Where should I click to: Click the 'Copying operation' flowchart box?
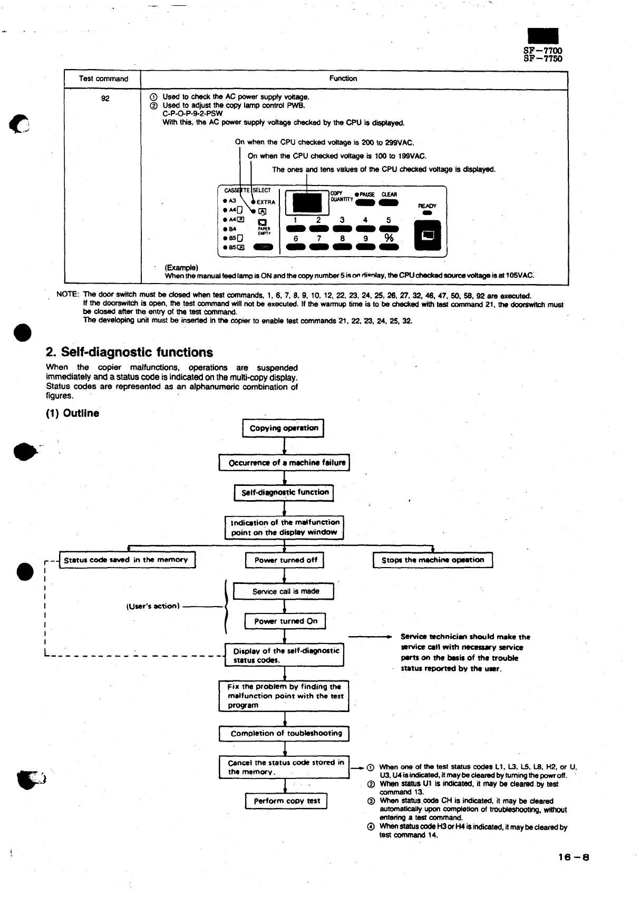pyautogui.click(x=283, y=428)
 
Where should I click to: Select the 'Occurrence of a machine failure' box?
pyautogui.click(x=284, y=463)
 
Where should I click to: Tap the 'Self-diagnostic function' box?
pyautogui.click(x=284, y=493)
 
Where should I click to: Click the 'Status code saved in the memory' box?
pyautogui.click(x=126, y=560)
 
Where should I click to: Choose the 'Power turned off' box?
pyautogui.click(x=285, y=560)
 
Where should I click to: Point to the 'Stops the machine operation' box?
pyautogui.click(x=432, y=560)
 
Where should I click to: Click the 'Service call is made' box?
pyautogui.click(x=284, y=591)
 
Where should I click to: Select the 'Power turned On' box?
pyautogui.click(x=285, y=621)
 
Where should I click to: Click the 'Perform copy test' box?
pyautogui.click(x=286, y=801)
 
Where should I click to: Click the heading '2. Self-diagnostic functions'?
pyautogui.click(x=130, y=353)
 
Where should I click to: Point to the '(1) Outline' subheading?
pyautogui.click(x=73, y=413)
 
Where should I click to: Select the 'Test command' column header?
pyautogui.click(x=103, y=79)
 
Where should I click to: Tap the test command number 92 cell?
pyautogui.click(x=105, y=99)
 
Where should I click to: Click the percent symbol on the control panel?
pyautogui.click(x=389, y=238)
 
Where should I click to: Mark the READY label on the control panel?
pyautogui.click(x=427, y=206)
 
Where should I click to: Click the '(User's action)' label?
pyautogui.click(x=153, y=606)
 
